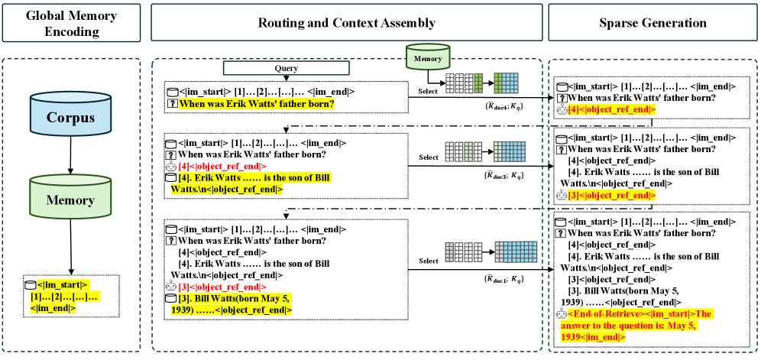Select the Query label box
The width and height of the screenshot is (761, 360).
tap(286, 67)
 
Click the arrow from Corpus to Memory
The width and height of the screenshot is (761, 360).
tap(70, 157)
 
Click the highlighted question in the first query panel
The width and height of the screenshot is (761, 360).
tap(256, 103)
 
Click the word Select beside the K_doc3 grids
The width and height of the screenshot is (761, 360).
tap(429, 157)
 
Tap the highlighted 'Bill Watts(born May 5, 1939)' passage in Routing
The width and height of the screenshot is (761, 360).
tap(233, 303)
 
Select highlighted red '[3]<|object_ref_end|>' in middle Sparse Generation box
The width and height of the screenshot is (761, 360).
tap(611, 195)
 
